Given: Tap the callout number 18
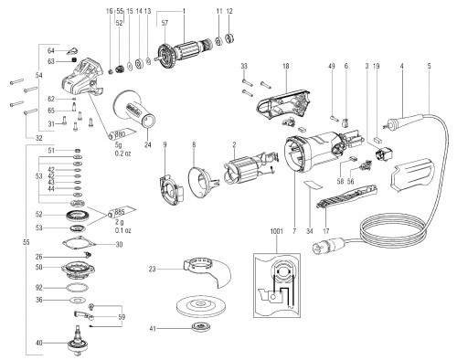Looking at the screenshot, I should (x=286, y=66).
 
